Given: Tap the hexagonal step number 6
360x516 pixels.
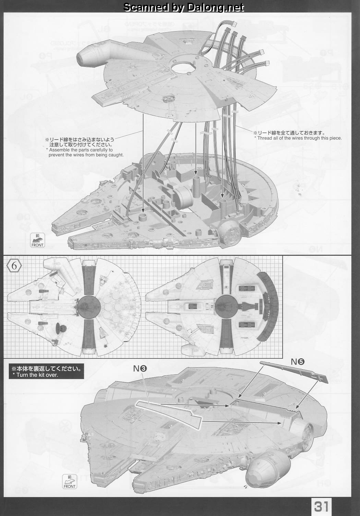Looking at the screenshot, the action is (x=14, y=266).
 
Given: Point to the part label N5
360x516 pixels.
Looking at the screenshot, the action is (x=298, y=362).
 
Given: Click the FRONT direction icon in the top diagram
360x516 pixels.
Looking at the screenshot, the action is (x=37, y=240).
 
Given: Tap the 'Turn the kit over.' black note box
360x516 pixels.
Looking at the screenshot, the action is (x=46, y=371).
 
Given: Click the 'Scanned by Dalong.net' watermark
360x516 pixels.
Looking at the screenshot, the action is (x=183, y=8).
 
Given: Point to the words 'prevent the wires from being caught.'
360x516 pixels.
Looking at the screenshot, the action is (x=86, y=155).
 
